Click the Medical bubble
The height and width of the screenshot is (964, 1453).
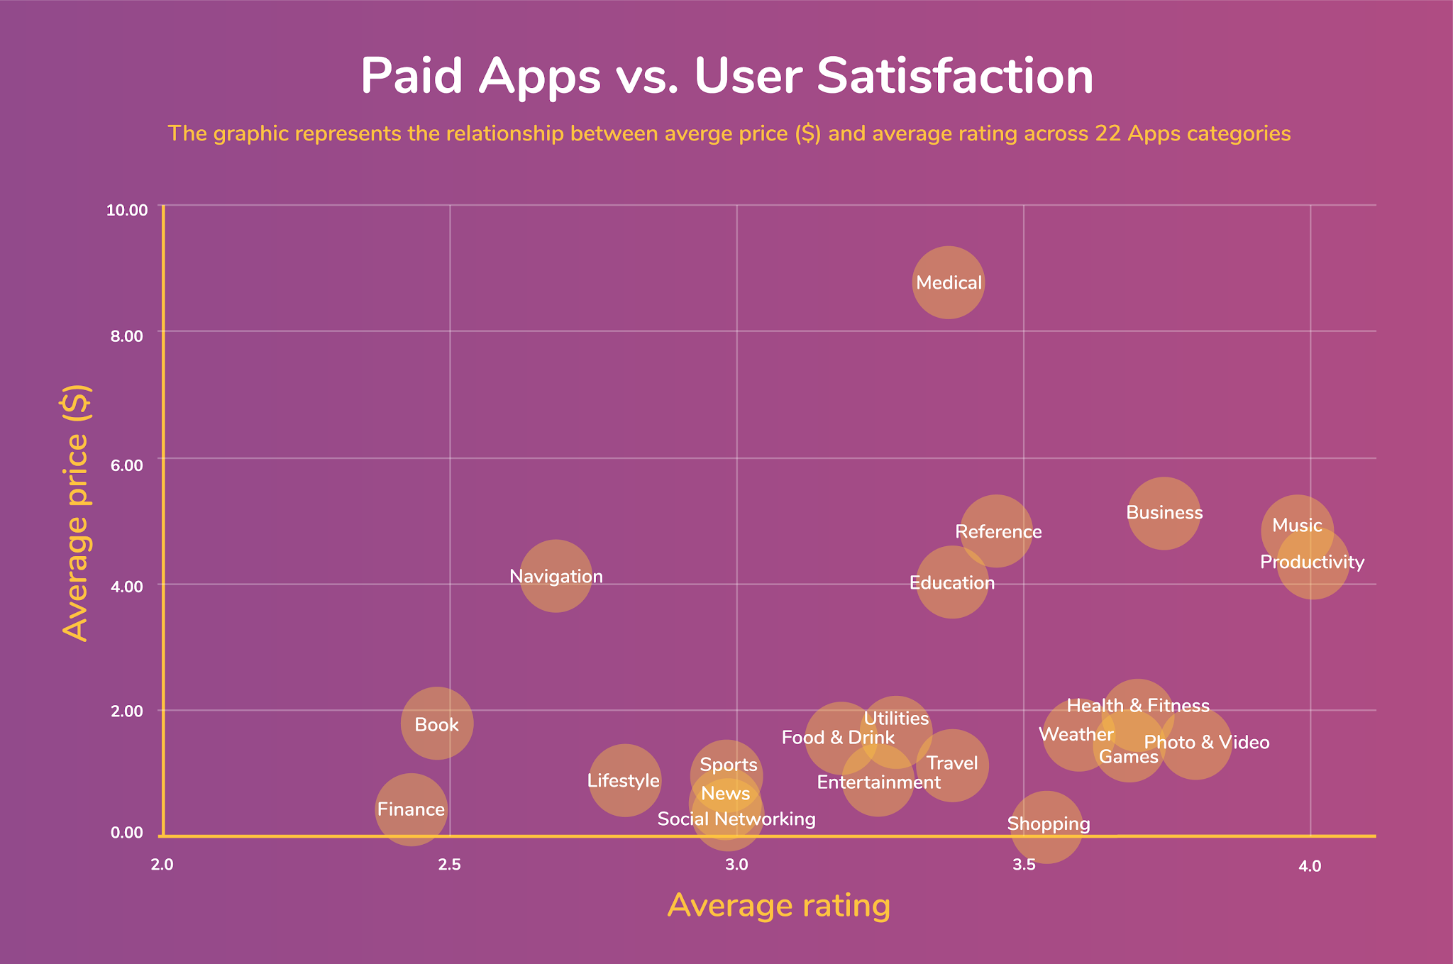[x=948, y=282]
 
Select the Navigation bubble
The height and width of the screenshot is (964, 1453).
[x=556, y=575]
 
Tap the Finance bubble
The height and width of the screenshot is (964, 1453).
[x=411, y=809]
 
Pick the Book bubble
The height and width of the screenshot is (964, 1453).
[x=436, y=724]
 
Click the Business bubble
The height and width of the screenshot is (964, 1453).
[x=1164, y=513]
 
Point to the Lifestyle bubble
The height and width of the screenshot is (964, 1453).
[x=624, y=780]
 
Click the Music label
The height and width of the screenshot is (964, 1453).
[x=1297, y=526]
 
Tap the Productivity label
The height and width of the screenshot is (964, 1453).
[x=1312, y=563]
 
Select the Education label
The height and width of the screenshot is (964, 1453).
[x=952, y=583]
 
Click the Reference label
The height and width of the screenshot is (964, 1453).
[x=998, y=532]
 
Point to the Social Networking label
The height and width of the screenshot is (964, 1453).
[x=736, y=819]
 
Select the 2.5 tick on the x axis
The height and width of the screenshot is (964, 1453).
[x=449, y=865]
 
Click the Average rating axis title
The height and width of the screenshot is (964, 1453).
[x=778, y=906]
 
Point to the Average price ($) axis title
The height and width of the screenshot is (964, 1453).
[x=76, y=512]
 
